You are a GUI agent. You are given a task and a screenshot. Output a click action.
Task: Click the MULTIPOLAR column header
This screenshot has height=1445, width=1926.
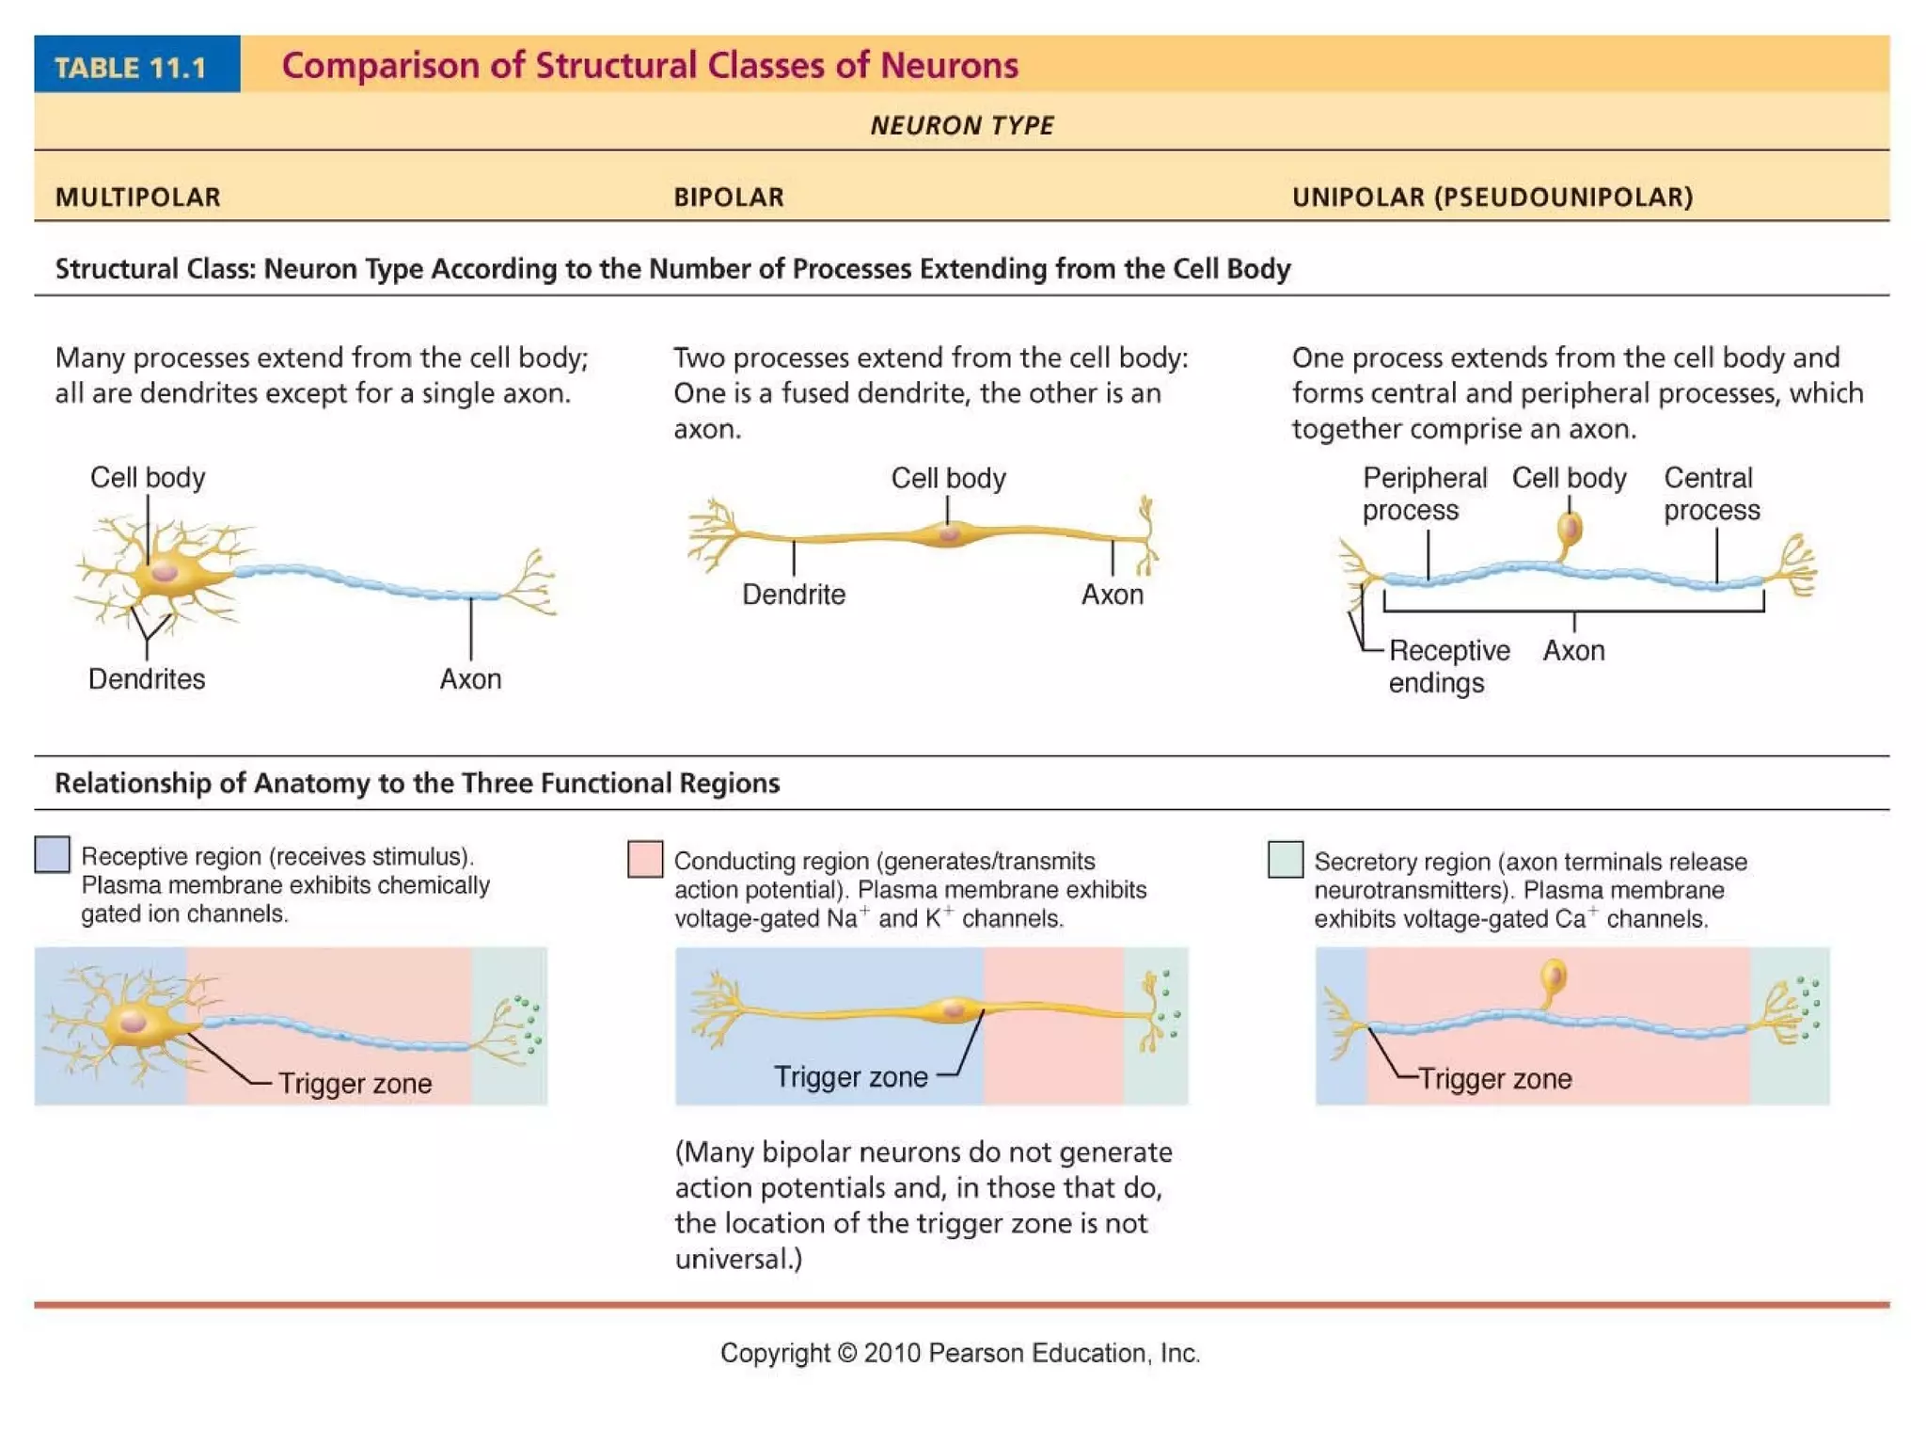pyautogui.click(x=137, y=197)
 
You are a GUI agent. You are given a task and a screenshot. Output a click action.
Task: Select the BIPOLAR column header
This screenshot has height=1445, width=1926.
pyautogui.click(x=728, y=197)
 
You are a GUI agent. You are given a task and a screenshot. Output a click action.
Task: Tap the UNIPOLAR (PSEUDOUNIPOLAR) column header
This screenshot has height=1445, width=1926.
pyautogui.click(x=1492, y=197)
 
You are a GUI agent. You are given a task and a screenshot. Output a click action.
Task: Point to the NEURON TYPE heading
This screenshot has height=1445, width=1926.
pyautogui.click(x=961, y=125)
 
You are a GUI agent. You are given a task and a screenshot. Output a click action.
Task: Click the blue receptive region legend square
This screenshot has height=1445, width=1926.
pyautogui.click(x=52, y=854)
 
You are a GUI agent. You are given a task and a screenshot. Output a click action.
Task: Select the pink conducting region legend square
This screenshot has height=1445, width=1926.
pyautogui.click(x=644, y=859)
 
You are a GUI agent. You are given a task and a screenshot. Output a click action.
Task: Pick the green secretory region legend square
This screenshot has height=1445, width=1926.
pyautogui.click(x=1285, y=859)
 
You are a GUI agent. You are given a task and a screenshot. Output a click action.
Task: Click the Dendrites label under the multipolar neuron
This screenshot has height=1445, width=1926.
pyautogui.click(x=147, y=678)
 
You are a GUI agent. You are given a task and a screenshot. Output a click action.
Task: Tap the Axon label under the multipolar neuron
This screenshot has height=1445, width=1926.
pyautogui.click(x=470, y=678)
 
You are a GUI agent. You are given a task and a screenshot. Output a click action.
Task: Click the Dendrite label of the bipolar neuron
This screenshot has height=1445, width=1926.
pyautogui.click(x=794, y=594)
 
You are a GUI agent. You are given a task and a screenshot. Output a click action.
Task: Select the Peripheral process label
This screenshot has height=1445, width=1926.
pyautogui.click(x=1424, y=493)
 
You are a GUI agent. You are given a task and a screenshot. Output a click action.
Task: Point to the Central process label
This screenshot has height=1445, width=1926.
pyautogui.click(x=1711, y=493)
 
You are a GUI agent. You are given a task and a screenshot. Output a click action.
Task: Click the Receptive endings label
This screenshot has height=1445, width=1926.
pyautogui.click(x=1448, y=665)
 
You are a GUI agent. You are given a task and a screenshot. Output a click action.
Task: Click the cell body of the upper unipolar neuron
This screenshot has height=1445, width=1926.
pyautogui.click(x=1570, y=529)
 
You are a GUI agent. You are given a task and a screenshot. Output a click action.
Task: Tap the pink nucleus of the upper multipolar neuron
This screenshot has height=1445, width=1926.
pyautogui.click(x=165, y=571)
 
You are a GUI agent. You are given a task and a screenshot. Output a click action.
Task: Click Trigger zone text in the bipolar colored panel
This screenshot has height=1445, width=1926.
pyautogui.click(x=850, y=1076)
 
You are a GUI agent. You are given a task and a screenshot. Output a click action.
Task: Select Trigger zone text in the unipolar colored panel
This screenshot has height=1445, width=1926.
pyautogui.click(x=1494, y=1078)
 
